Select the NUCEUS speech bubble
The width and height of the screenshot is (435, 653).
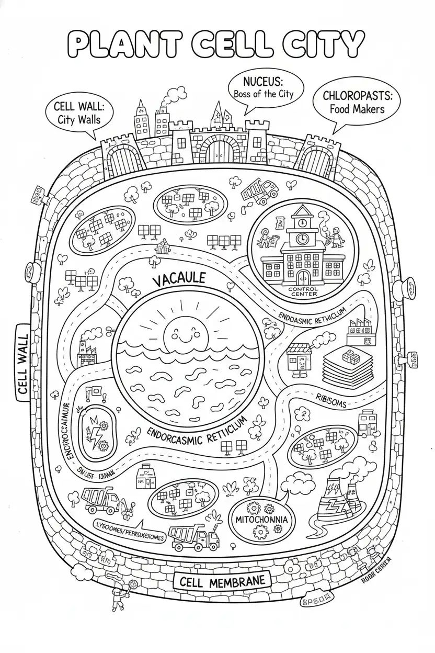[266, 89]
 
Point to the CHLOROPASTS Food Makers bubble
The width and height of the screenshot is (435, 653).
[353, 102]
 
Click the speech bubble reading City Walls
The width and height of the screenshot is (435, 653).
[79, 112]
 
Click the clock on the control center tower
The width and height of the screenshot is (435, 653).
[302, 238]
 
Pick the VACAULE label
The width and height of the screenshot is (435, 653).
[178, 279]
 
